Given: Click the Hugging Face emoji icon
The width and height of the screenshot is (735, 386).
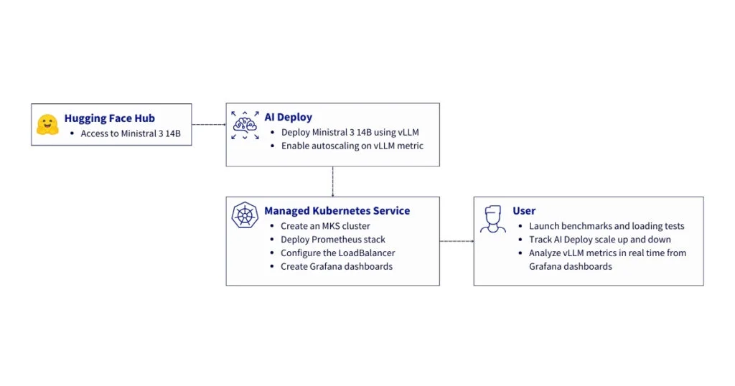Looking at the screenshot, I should coord(47,124).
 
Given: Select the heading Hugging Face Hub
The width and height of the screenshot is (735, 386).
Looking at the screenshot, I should coord(109,118).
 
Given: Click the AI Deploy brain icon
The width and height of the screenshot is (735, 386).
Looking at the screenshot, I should coord(245,125).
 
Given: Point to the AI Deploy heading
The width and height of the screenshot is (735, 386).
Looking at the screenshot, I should coord(288,117).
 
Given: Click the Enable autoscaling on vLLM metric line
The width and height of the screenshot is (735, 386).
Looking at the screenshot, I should coord(352,146).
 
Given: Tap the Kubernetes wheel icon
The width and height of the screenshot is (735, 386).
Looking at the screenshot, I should coord(245,215).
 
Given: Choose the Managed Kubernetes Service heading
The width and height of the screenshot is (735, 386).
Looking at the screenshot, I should coord(337,211).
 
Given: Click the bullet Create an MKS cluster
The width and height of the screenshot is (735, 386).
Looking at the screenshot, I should coord(325,226).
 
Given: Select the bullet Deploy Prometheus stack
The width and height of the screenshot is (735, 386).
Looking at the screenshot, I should coord(332,239).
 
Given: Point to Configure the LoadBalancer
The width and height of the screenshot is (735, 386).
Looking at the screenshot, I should coord(337,253).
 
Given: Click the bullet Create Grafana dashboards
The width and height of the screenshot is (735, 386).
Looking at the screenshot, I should coord(336,266).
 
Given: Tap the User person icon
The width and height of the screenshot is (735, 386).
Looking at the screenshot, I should coord(492,218).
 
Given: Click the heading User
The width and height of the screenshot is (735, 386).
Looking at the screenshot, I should coord(524,211).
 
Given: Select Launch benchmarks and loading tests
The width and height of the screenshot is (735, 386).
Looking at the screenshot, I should coord(607,226).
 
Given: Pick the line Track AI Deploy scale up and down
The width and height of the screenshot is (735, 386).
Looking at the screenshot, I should coord(600,239).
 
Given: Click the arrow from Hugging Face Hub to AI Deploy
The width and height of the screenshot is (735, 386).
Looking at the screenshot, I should coord(208,125).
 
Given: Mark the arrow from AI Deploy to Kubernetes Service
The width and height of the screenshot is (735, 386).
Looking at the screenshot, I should coord(332,182).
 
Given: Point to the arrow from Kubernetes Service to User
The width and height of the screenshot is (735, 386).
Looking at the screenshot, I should coord(457,241).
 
